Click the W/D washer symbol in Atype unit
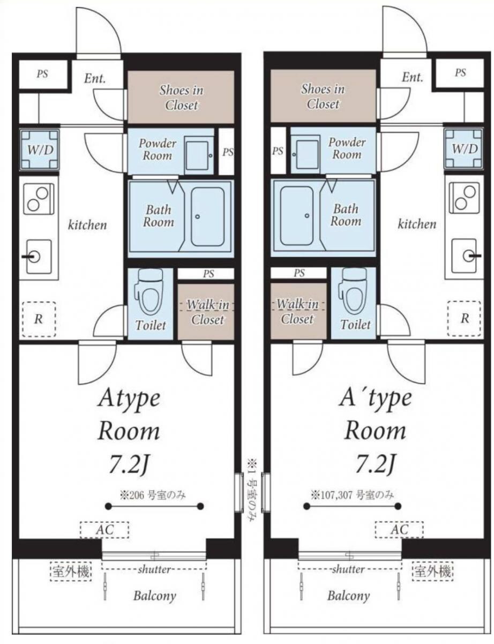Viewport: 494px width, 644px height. pos(39,149)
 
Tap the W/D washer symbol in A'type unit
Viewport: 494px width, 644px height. pos(464,149)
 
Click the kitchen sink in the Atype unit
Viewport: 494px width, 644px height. pos(39,257)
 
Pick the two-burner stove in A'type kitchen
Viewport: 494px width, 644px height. pos(464,197)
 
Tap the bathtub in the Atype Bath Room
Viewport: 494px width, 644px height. pos(207,217)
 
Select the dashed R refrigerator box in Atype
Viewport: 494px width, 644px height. pos(39,319)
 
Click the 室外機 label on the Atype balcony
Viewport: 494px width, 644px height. pos(71,571)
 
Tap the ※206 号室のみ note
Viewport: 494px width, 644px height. pos(152,495)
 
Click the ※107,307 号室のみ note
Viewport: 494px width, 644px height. pos(353,494)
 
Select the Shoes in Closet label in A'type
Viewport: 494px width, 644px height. pos(323,97)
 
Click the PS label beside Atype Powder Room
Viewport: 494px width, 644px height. pos(228,152)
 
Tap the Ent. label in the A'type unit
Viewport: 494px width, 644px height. pos(413,77)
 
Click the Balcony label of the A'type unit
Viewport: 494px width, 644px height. pos(348,596)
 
